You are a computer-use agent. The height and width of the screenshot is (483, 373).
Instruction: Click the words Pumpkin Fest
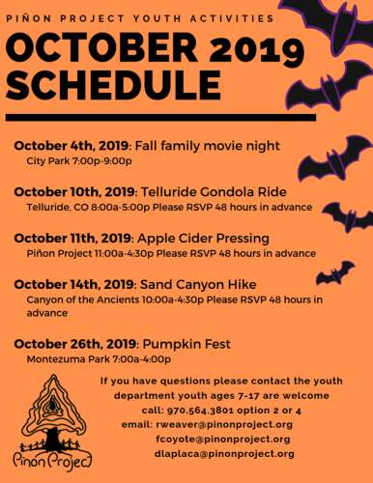(x=183, y=343)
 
